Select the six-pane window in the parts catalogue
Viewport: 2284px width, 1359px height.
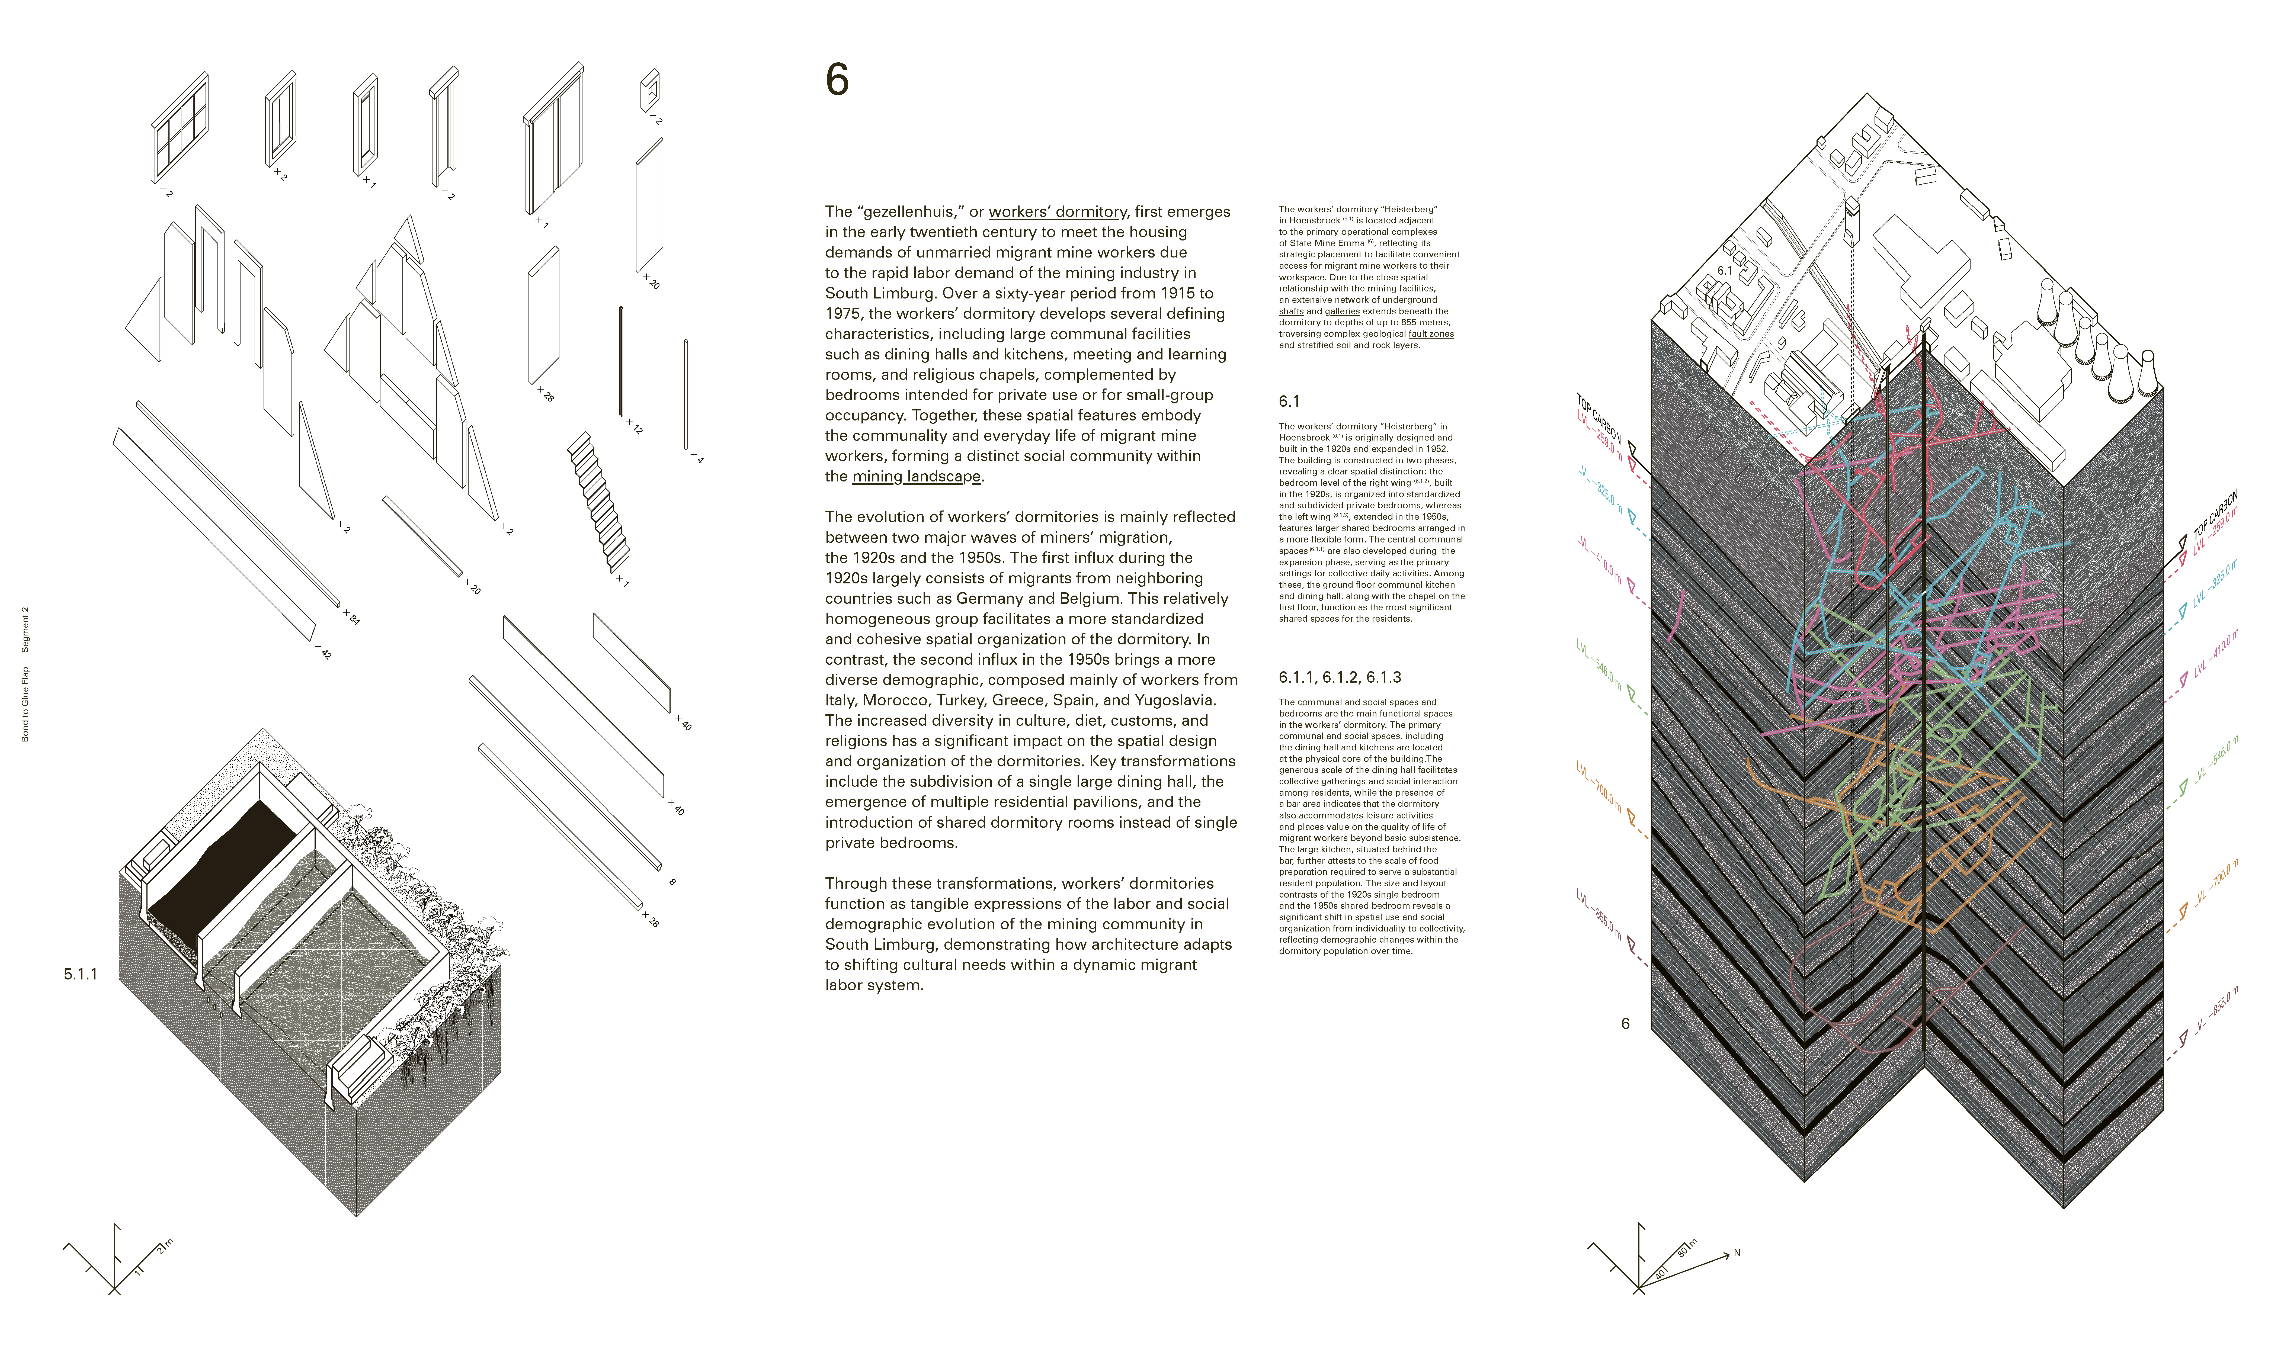180,128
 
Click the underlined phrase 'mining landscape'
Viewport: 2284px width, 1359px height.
916,476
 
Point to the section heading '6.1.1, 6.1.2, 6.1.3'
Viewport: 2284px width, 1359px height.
1339,678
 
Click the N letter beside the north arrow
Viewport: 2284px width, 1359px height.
1736,1253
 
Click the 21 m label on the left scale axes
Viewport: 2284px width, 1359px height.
165,1246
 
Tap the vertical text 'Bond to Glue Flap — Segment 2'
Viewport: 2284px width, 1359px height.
26,673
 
